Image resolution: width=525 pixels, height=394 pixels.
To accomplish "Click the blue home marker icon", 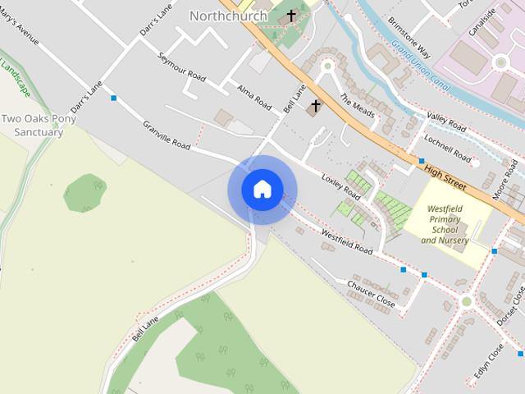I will click(262, 190).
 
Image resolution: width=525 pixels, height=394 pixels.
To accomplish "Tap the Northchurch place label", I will click(228, 16).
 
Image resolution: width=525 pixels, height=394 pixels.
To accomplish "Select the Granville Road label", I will click(167, 135).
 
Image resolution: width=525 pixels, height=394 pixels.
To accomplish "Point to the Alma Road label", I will click(253, 97).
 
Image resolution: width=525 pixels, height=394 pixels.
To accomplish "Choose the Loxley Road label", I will click(340, 188).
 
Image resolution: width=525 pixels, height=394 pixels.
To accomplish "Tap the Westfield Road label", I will click(346, 241).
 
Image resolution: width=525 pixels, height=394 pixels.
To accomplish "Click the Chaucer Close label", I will click(371, 294).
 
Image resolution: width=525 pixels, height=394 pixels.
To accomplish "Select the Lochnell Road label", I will click(448, 151).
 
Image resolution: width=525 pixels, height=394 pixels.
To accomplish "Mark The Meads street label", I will click(357, 110).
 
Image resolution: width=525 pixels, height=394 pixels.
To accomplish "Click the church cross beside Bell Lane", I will click(315, 106).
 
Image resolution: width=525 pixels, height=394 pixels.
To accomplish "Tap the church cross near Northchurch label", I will click(290, 16).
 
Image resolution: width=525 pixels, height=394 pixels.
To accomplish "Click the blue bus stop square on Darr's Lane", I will click(113, 98).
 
